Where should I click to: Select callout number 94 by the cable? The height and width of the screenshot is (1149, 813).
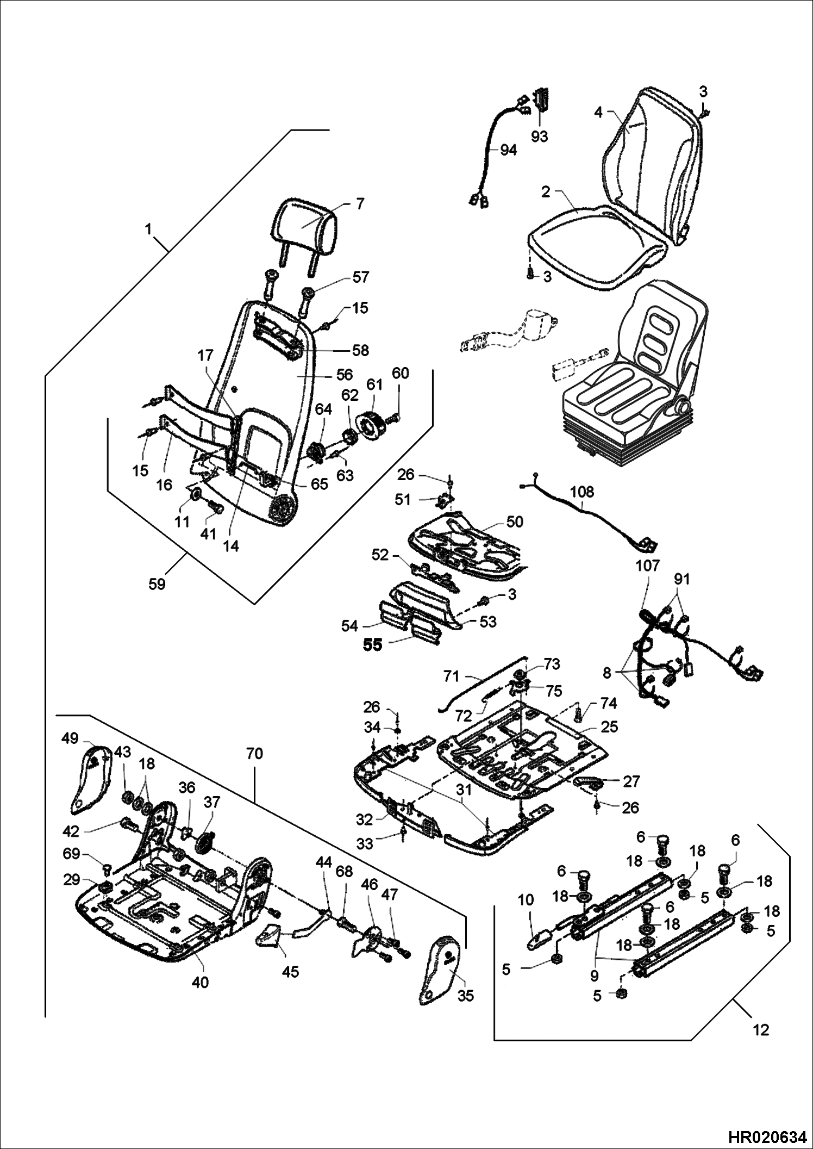tap(508, 151)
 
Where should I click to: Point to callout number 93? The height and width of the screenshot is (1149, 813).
tap(540, 136)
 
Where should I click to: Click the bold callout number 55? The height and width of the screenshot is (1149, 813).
tap(373, 645)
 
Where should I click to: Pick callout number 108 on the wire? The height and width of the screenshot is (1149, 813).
tap(582, 492)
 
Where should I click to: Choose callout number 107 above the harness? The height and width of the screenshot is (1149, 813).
tap(647, 566)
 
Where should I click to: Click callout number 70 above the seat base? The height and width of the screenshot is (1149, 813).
tap(254, 754)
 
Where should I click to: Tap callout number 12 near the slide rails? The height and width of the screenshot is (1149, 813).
tap(762, 1030)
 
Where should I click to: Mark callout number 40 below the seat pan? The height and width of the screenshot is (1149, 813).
tap(201, 983)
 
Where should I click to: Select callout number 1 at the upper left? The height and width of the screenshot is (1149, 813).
tap(148, 229)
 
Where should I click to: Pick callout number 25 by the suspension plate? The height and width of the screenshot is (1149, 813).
tap(609, 726)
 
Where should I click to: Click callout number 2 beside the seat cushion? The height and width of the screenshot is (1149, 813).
tap(546, 192)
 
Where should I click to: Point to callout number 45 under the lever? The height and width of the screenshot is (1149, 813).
tap(291, 972)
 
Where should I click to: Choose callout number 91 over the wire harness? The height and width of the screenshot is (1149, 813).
tap(681, 580)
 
